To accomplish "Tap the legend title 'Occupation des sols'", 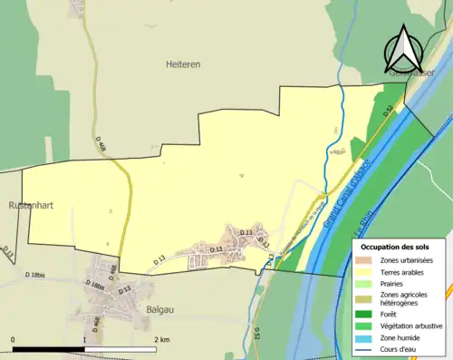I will pyautogui.click(x=397, y=247).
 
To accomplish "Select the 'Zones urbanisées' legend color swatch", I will pyautogui.click(x=367, y=260).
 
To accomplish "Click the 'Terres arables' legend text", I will pyautogui.click(x=404, y=271).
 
